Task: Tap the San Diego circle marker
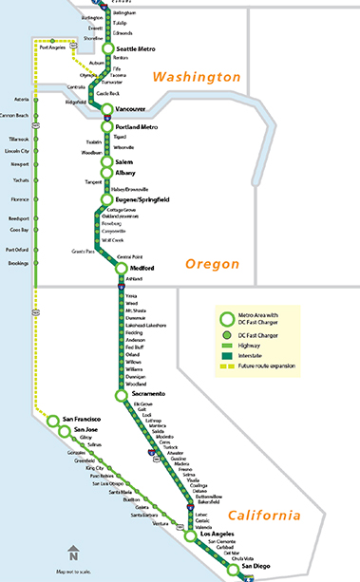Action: coord(233,570)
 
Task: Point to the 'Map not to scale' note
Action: coord(72,571)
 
